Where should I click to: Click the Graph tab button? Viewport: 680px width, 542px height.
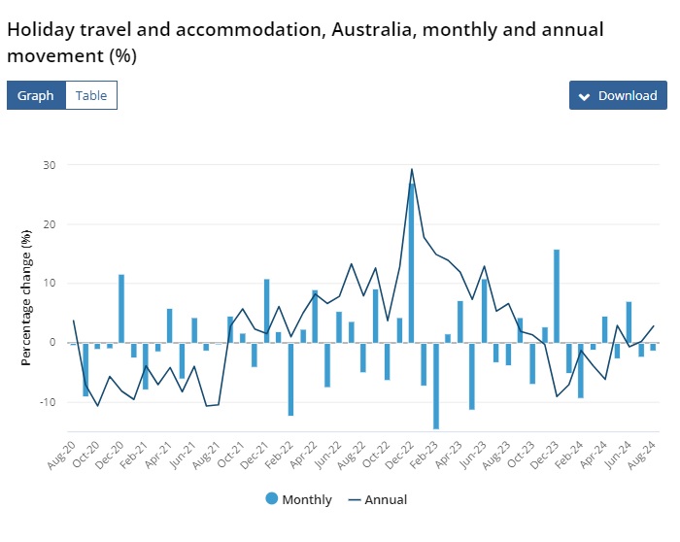(x=36, y=95)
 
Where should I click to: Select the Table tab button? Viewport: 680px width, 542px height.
(x=91, y=95)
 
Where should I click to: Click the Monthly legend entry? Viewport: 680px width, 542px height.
(x=298, y=500)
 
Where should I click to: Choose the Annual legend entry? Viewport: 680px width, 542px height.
(x=379, y=500)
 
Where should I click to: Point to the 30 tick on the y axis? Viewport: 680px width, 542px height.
(x=49, y=165)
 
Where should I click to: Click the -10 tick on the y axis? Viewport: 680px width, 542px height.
(x=46, y=402)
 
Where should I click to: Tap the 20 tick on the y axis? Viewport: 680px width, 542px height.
(x=49, y=224)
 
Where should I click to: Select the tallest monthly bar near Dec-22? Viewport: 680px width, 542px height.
(x=412, y=262)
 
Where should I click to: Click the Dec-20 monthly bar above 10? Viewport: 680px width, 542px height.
(x=121, y=308)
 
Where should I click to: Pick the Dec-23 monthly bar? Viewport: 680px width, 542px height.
(x=557, y=295)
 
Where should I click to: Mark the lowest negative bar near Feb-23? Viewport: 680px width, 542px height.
(x=436, y=386)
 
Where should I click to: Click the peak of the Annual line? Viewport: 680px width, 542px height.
(x=412, y=169)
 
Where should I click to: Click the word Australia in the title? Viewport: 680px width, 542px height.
(x=368, y=29)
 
